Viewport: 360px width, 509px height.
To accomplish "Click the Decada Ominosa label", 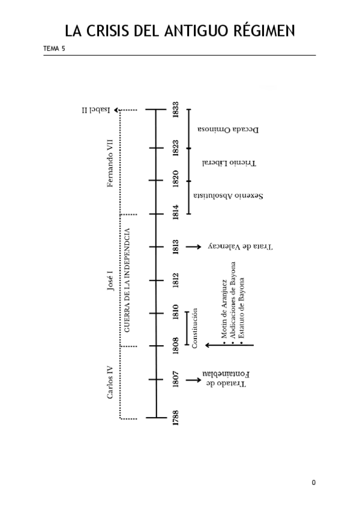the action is (228, 129).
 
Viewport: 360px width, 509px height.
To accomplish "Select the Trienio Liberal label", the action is (229, 163).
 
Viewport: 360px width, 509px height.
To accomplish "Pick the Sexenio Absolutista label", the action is (229, 196).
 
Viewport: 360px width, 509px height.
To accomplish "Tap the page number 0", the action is (313, 483).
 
